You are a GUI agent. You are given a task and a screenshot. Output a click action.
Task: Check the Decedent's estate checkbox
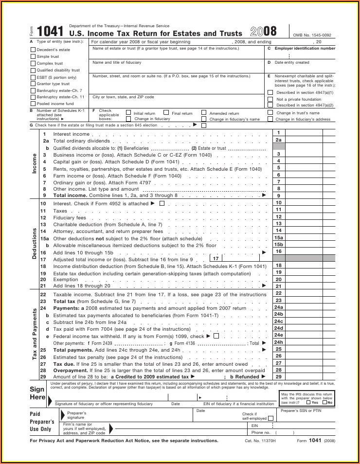(x=33, y=50)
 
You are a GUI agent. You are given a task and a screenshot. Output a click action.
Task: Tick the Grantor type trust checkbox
(x=33, y=84)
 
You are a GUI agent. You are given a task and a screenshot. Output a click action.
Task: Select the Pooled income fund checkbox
(x=33, y=104)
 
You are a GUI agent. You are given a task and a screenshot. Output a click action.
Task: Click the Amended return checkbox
(x=205, y=113)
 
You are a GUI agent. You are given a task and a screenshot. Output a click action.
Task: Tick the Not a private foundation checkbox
(x=270, y=99)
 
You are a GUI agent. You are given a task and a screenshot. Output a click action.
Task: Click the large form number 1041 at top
(x=50, y=32)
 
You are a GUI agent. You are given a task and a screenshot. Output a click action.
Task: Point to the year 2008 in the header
(x=263, y=32)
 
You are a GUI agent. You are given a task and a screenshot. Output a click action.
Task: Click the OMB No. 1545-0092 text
(x=312, y=35)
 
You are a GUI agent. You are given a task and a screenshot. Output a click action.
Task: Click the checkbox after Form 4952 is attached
(x=162, y=203)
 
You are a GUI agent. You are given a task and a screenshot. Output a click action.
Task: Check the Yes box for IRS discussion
(x=308, y=402)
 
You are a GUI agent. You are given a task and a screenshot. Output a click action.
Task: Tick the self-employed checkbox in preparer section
(x=270, y=418)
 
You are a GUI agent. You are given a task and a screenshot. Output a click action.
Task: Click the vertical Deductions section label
(x=35, y=243)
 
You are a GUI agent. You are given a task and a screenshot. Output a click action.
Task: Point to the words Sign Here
(x=37, y=393)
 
